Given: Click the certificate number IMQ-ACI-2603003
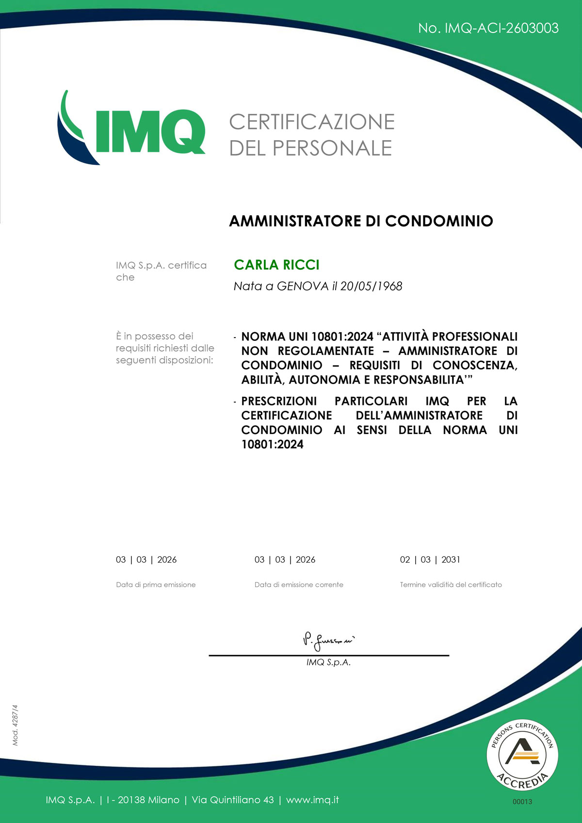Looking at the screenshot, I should point(501,28).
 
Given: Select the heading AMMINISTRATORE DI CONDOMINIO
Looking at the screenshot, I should point(361,221).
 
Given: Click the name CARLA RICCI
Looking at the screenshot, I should point(276,265).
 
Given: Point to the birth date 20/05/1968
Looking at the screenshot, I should point(371,286).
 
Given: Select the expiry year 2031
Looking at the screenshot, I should point(451,560).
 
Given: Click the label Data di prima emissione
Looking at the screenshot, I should point(156,585).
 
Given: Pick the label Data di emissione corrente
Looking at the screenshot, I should point(299,585).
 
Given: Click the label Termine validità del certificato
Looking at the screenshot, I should point(451,585).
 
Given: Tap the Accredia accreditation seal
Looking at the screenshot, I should point(522,755).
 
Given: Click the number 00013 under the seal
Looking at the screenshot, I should point(522,802).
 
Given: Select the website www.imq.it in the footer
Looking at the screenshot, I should point(312,800).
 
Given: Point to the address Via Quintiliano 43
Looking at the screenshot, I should point(233,800).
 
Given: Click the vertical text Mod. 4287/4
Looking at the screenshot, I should point(15,725).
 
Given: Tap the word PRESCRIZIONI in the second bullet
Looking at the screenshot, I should point(279,402).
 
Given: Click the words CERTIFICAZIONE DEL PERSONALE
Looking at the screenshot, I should point(311,135).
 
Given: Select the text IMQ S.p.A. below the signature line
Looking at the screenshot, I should point(328,662).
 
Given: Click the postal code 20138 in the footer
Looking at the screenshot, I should point(131,800).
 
